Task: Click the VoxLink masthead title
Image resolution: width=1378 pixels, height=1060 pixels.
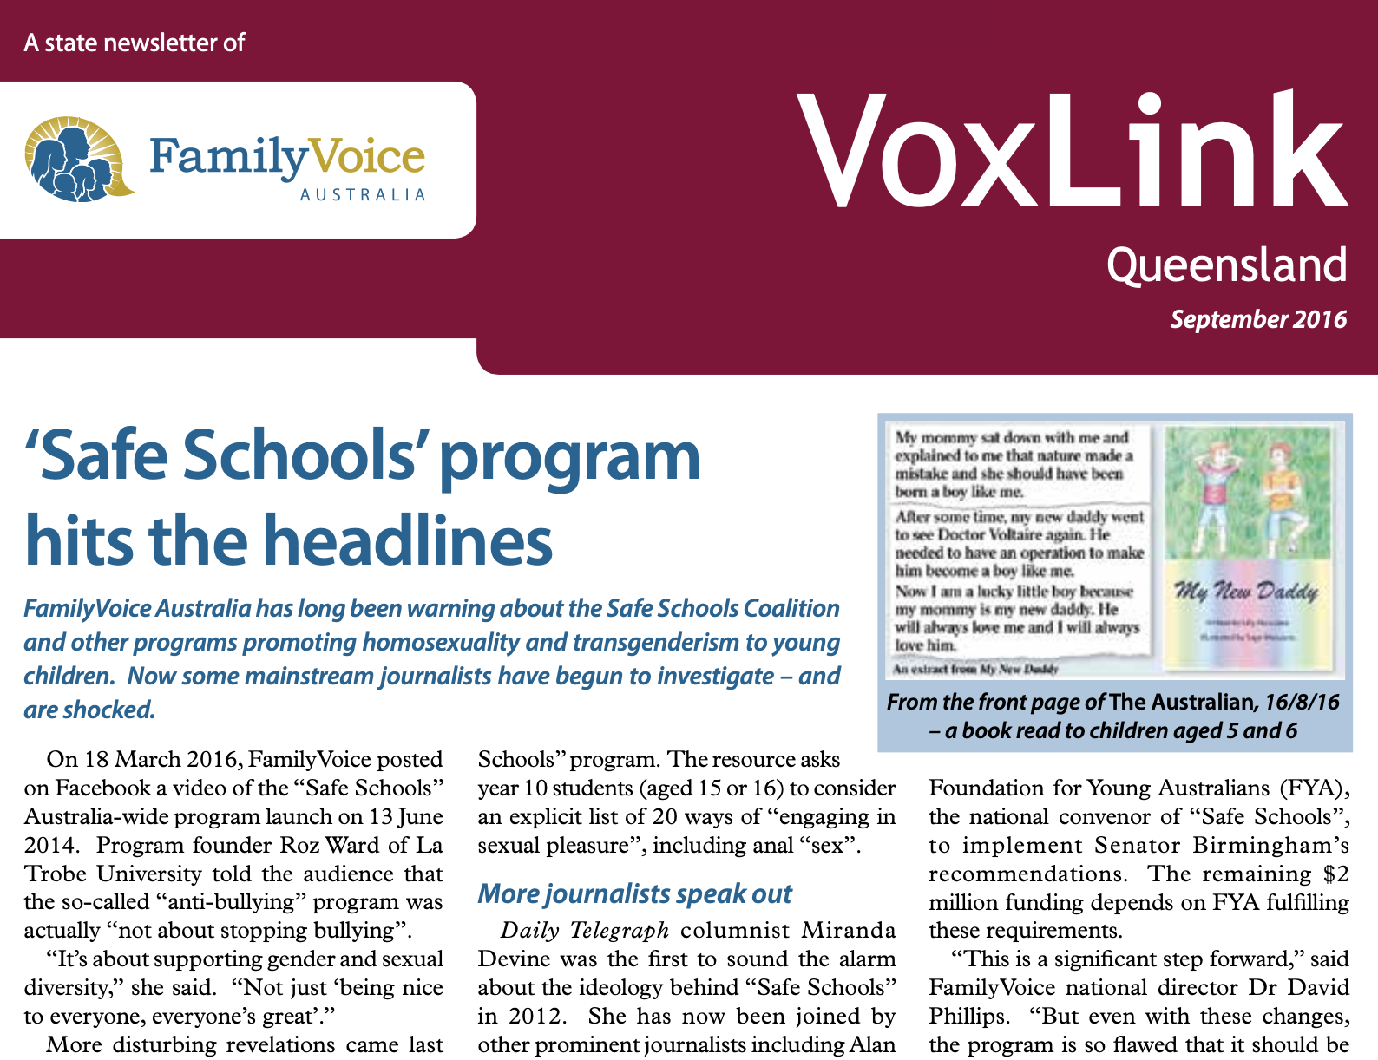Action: click(x=1073, y=154)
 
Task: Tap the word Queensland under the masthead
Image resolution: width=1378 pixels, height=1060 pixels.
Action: click(x=1226, y=265)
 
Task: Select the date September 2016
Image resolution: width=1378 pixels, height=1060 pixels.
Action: click(x=1257, y=319)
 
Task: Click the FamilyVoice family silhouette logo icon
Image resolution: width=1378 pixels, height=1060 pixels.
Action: click(x=76, y=159)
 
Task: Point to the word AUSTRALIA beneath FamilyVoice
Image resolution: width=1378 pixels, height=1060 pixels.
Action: click(x=363, y=195)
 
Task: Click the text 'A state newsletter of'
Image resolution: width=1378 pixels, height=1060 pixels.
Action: click(x=135, y=43)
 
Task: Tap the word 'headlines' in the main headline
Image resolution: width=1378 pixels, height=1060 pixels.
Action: click(x=407, y=540)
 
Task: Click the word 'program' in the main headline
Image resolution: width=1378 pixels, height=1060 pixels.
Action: click(x=569, y=457)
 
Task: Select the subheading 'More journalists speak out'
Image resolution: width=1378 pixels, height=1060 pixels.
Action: click(x=634, y=893)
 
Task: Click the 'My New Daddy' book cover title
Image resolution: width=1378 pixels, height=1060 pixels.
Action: click(x=1246, y=592)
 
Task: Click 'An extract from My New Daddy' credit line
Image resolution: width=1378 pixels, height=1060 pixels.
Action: click(x=976, y=669)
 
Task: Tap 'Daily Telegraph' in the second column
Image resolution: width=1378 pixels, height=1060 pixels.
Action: click(x=585, y=931)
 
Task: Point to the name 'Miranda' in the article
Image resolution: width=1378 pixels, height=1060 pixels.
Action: click(x=848, y=931)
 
